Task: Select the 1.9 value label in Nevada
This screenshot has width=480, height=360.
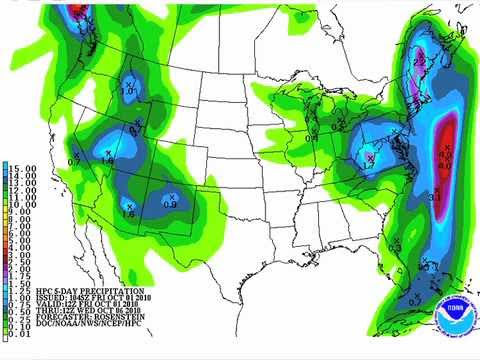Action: tap(108, 158)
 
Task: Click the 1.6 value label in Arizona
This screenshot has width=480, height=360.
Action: tap(127, 212)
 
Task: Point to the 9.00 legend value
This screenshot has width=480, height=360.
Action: tap(17, 212)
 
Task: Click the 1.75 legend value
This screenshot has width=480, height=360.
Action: tap(17, 276)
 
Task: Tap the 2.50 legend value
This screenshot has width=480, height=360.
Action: tap(17, 262)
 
